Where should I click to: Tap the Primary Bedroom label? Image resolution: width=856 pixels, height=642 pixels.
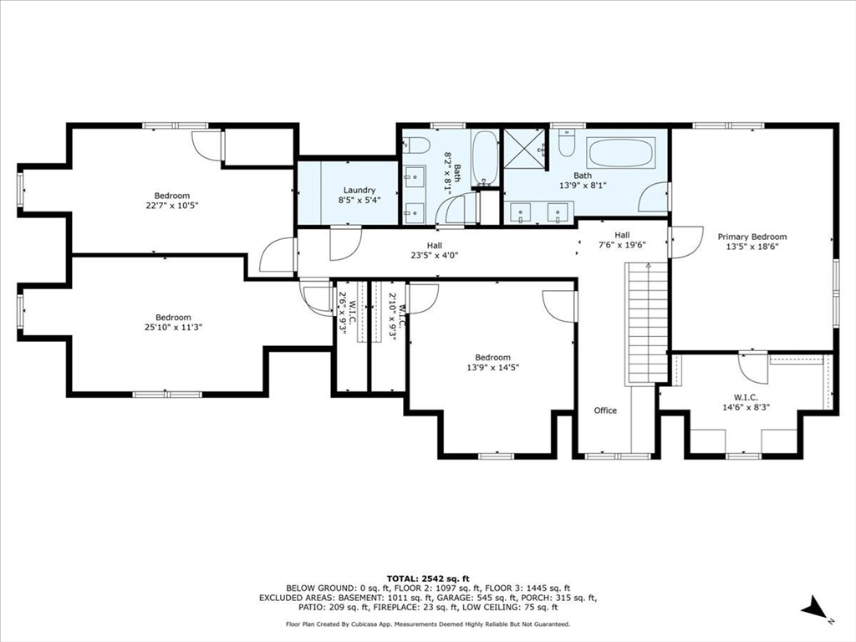click(x=752, y=237)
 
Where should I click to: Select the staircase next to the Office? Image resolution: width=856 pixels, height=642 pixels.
click(x=648, y=322)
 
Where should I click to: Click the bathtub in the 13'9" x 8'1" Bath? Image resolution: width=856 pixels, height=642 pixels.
click(x=623, y=153)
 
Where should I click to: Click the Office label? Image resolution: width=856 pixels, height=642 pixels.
click(x=605, y=410)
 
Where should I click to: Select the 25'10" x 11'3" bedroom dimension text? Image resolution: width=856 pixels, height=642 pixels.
click(x=173, y=327)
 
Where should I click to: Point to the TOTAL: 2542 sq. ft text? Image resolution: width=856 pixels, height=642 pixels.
click(x=428, y=578)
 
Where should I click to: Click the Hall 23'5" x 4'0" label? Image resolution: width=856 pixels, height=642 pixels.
click(x=434, y=251)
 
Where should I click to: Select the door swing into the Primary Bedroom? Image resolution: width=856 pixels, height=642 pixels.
click(x=682, y=243)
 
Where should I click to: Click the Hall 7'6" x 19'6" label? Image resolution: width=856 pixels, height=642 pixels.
click(x=622, y=240)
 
